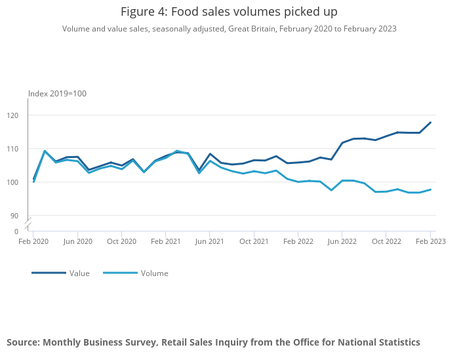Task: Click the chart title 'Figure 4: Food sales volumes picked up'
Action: click(229, 12)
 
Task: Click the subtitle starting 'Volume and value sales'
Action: click(229, 29)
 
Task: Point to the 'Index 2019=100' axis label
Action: click(57, 94)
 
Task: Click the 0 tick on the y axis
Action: click(16, 231)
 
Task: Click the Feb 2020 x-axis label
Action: click(33, 241)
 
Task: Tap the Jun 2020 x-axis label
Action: click(77, 241)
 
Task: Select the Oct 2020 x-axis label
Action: click(121, 241)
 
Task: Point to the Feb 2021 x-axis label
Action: click(166, 241)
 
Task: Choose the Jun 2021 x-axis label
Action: click(210, 241)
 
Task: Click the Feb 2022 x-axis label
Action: click(298, 241)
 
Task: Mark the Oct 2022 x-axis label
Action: click(386, 241)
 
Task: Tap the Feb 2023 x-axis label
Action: click(430, 241)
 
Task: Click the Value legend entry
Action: click(79, 273)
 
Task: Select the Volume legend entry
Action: click(154, 273)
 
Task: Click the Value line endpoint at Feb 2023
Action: click(431, 122)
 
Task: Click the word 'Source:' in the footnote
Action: click(23, 342)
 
